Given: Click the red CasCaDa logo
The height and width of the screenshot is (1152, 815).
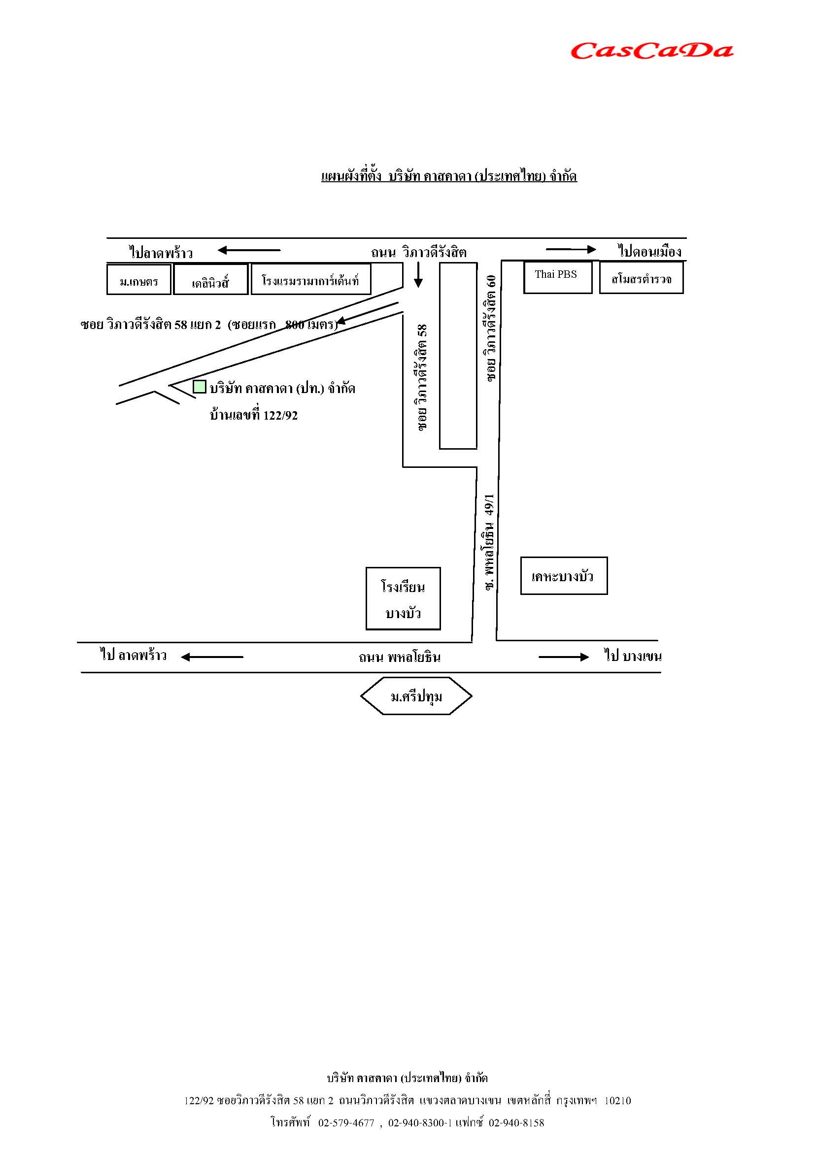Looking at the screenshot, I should click(x=651, y=51).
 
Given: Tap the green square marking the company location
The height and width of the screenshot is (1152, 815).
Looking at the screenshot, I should click(x=199, y=386).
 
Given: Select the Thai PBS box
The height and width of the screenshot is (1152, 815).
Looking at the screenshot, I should click(x=557, y=276).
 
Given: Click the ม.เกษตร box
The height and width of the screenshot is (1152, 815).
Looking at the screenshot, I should click(x=138, y=279).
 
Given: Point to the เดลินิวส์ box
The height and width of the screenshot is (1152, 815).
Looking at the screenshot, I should click(x=211, y=279).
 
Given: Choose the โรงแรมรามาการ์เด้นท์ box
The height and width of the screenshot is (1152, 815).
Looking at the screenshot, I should click(x=310, y=279).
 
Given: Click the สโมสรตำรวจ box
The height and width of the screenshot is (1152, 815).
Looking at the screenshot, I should click(x=641, y=277).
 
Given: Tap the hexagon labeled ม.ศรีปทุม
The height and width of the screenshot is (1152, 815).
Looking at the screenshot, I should click(x=416, y=695).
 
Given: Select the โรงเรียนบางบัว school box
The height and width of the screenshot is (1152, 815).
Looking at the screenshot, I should click(x=403, y=598).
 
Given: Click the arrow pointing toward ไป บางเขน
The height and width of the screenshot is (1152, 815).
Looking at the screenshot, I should click(x=563, y=657).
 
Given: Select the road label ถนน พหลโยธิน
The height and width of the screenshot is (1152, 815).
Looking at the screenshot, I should click(x=400, y=658).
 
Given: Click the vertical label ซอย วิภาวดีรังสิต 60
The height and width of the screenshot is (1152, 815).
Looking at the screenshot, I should click(x=490, y=328).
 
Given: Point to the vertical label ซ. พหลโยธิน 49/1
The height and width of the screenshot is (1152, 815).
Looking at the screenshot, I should click(x=490, y=541).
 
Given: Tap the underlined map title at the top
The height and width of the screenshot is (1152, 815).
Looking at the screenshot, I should click(x=449, y=176).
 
